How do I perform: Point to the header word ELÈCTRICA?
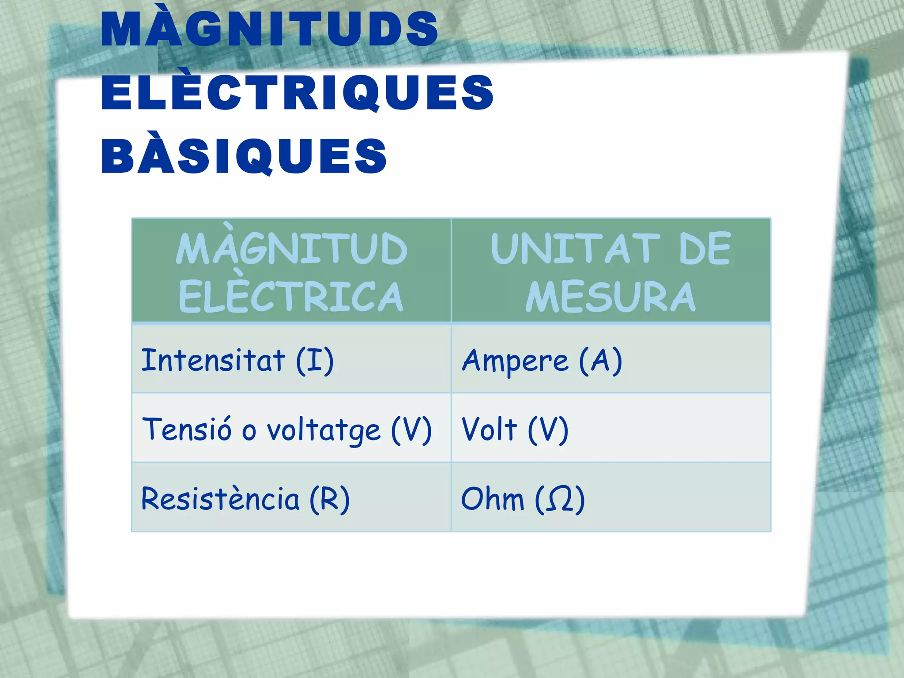(x=290, y=297)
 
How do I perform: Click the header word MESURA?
(x=610, y=297)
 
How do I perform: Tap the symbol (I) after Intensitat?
(x=315, y=361)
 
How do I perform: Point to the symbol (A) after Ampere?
(x=600, y=361)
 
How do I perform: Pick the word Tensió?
(x=187, y=429)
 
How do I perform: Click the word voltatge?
(x=323, y=430)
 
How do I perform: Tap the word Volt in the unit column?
(x=489, y=429)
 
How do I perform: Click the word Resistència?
(x=220, y=499)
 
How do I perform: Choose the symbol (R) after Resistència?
(x=329, y=499)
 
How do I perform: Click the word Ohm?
(x=492, y=499)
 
